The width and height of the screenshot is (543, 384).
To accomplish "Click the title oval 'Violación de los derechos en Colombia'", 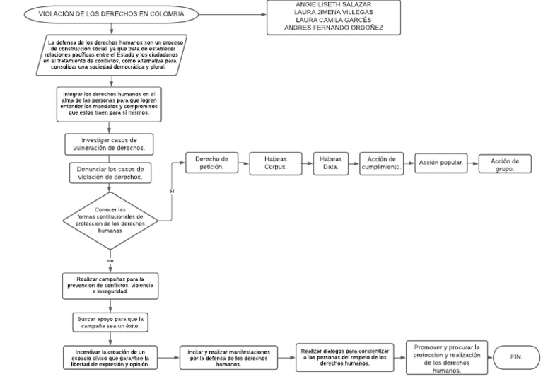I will (x=112, y=14).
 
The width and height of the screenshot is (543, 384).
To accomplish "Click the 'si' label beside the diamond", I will (x=172, y=191).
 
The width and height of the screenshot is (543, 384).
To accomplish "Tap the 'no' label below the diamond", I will (x=110, y=260).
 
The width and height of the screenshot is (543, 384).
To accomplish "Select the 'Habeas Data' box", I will (x=330, y=163).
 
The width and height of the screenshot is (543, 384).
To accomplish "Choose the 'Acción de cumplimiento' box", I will (x=382, y=163).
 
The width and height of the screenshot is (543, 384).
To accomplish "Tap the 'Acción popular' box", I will (x=440, y=163).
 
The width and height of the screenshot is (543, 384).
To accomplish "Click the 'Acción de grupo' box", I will (x=505, y=164).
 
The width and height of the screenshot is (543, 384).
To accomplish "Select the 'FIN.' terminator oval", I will (x=515, y=358).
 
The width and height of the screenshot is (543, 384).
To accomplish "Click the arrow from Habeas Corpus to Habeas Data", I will (x=305, y=163).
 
